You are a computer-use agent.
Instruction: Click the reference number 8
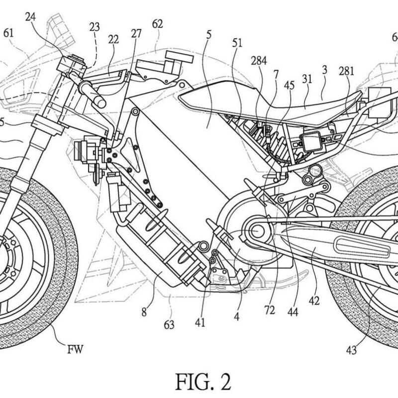pos(144,313)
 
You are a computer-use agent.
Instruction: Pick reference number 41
pos(200,322)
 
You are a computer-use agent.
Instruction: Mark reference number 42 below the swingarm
pos(314,301)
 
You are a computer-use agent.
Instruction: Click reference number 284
pos(259,61)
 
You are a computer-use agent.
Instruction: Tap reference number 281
pos(346,71)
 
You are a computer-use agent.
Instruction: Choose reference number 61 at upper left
pos(8,33)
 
